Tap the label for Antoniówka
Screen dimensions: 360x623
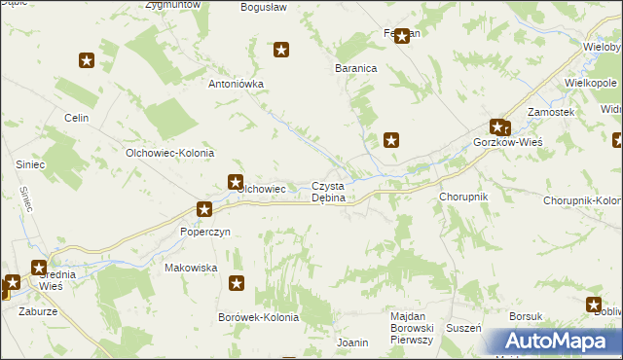click(x=237, y=84)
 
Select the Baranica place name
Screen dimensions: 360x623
click(x=355, y=69)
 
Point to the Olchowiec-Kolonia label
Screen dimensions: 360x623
click(x=169, y=154)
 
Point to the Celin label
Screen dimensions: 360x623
click(x=77, y=118)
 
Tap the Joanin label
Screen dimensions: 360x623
click(x=351, y=342)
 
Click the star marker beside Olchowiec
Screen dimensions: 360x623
click(x=236, y=180)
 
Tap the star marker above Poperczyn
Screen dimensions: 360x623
click(x=204, y=208)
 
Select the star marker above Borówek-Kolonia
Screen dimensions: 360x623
click(x=237, y=283)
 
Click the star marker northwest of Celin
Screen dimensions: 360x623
click(x=87, y=60)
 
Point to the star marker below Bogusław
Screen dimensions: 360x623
click(x=282, y=50)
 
